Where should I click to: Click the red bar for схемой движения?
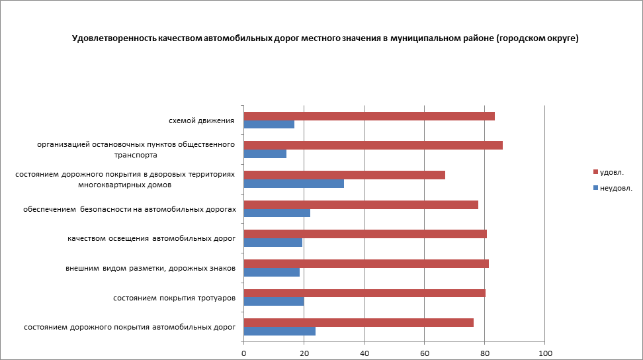pos(369,116)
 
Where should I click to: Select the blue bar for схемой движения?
pos(269,124)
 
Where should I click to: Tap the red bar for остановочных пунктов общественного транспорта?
pos(373,146)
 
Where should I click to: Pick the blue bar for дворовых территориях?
pos(294,183)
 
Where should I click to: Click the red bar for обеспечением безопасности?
pos(361,205)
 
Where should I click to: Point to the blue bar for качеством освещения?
pos(273,242)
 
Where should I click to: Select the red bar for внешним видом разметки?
pos(366,264)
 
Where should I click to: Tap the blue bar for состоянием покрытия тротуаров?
pos(274,301)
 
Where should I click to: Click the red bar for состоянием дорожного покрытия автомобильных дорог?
pos(359,323)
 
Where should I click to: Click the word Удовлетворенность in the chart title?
pos(114,38)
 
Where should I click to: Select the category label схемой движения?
pos(202,121)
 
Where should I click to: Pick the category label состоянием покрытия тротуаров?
pos(175,298)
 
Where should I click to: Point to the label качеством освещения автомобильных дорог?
pos(152,239)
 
